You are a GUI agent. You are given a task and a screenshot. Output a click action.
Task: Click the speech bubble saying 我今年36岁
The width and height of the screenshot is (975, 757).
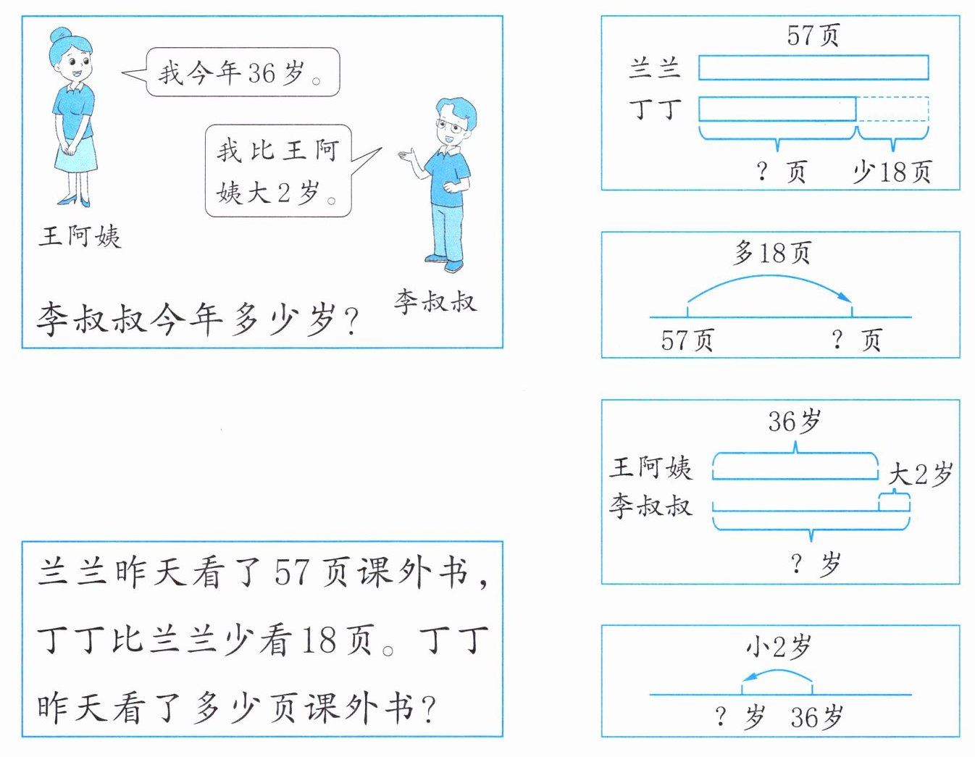(x=242, y=72)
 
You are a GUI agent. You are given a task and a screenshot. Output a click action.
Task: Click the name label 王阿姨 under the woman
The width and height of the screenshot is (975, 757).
(x=80, y=236)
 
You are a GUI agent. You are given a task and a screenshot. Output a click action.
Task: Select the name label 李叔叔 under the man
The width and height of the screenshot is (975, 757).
(x=435, y=301)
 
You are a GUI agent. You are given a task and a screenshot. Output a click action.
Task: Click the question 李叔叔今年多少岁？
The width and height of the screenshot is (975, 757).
(x=197, y=319)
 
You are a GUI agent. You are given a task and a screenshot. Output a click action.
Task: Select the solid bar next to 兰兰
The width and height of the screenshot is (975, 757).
(x=813, y=67)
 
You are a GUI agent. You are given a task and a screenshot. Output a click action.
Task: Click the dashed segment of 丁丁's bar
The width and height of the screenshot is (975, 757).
(x=892, y=109)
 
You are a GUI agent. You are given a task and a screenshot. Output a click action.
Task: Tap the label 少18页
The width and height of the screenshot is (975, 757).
(x=891, y=172)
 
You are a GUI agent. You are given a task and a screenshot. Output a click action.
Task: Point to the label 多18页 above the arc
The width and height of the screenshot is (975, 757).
(x=772, y=252)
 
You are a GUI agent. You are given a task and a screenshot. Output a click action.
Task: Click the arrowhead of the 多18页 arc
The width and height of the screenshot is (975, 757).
(x=845, y=297)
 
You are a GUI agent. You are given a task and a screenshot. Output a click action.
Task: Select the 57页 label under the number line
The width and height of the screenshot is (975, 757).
(x=687, y=340)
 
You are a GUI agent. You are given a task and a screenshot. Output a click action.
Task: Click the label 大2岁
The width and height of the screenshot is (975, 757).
(x=920, y=474)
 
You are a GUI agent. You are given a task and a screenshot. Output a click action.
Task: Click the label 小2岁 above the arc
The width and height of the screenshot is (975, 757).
(x=778, y=646)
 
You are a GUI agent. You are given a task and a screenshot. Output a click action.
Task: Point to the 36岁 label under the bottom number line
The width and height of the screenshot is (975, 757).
(x=817, y=717)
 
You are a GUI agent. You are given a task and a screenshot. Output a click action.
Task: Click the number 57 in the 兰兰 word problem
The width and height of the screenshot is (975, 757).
(x=292, y=572)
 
